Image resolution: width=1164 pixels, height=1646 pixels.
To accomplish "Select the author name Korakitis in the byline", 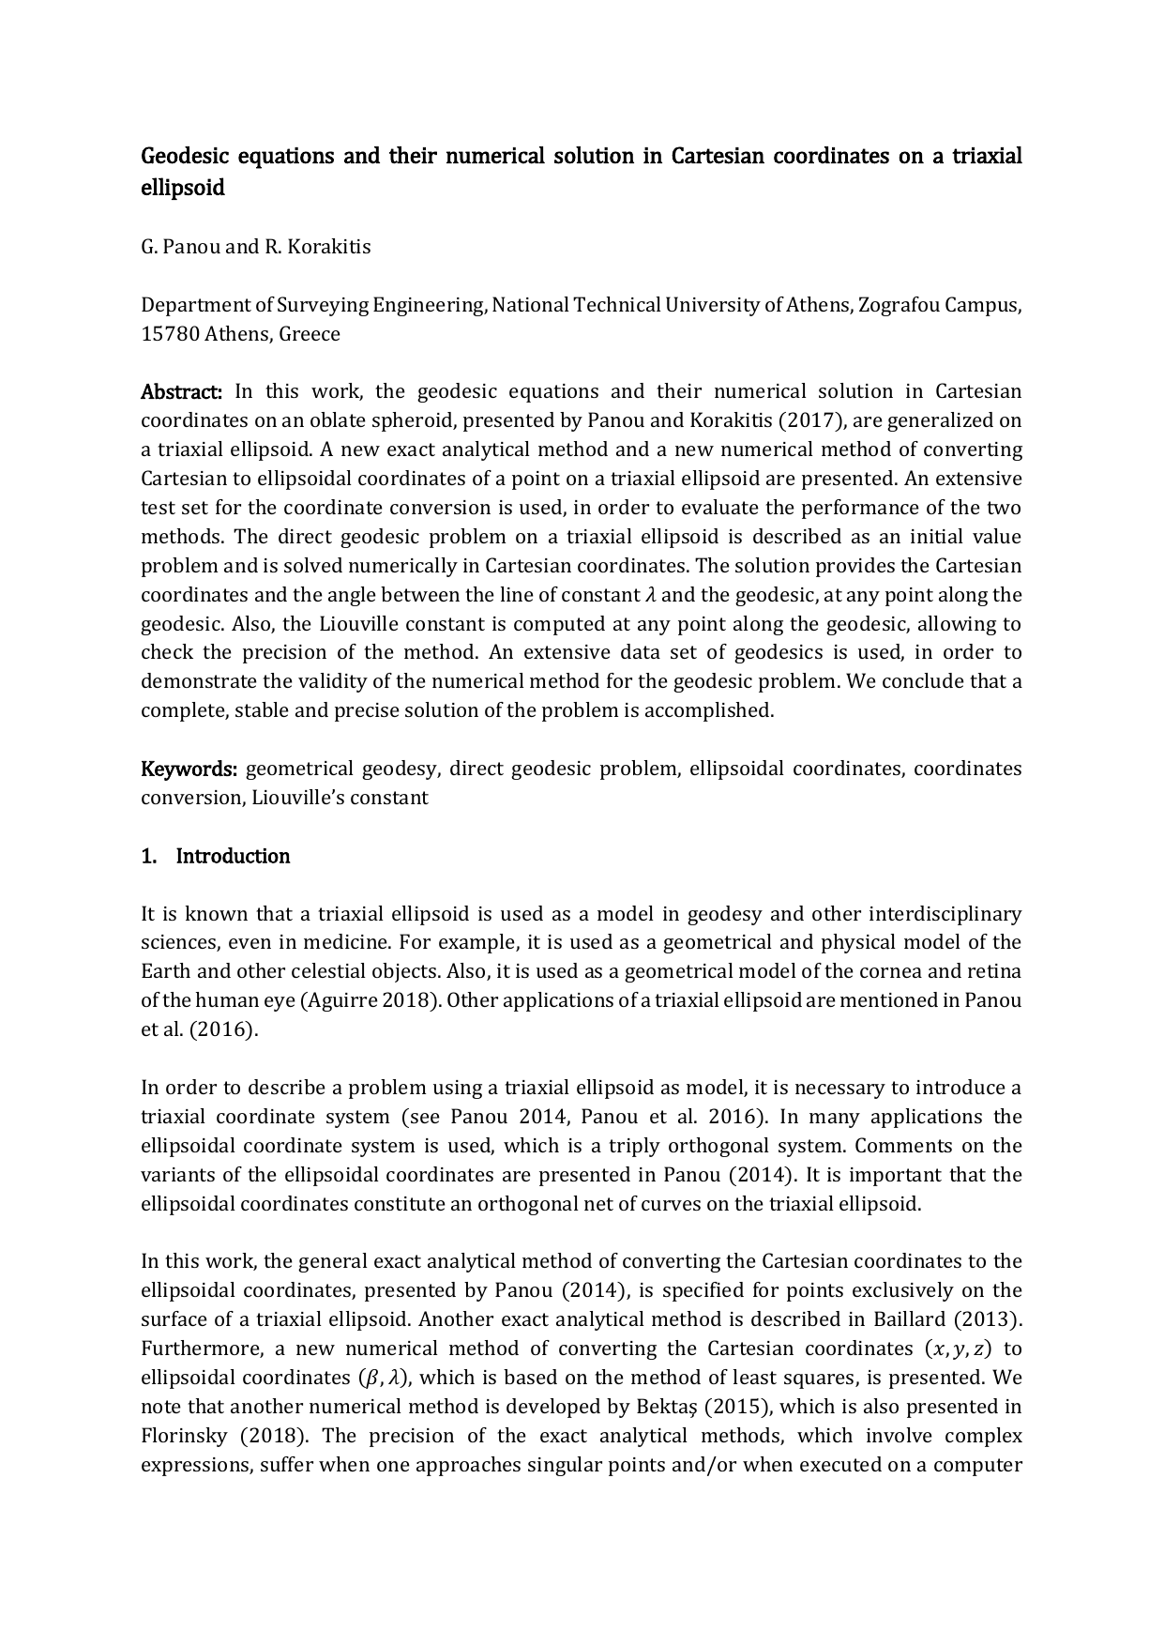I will [x=331, y=247].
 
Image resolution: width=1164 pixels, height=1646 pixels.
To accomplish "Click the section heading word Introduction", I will [x=233, y=856].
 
